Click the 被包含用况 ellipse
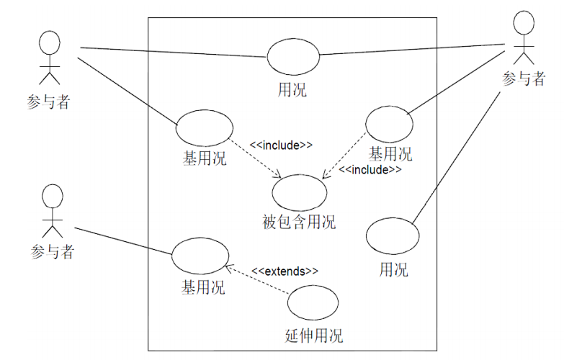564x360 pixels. pyautogui.click(x=300, y=192)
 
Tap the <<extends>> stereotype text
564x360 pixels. pyautogui.click(x=285, y=271)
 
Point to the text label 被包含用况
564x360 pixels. pyautogui.click(x=300, y=222)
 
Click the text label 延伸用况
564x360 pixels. pyautogui.click(x=314, y=336)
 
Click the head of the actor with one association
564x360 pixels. pyautogui.click(x=50, y=194)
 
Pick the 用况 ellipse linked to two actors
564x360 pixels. pyautogui.click(x=293, y=58)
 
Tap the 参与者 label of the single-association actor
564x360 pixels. pyautogui.click(x=53, y=252)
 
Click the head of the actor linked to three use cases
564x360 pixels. pyautogui.click(x=524, y=23)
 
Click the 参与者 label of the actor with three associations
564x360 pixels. pyautogui.click(x=524, y=79)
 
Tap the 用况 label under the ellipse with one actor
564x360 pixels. pyautogui.click(x=393, y=270)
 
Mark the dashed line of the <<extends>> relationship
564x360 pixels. pyautogui.click(x=259, y=280)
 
